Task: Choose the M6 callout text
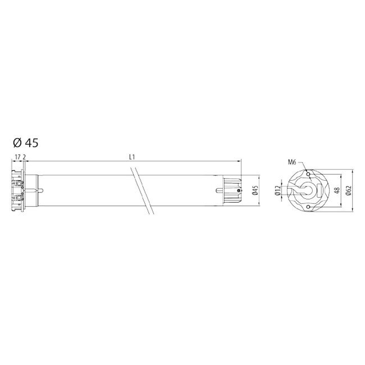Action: click(292, 162)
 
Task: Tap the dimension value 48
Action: click(336, 191)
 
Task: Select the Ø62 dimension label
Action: click(349, 191)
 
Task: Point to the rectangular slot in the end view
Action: click(321, 191)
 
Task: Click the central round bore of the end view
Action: click(307, 190)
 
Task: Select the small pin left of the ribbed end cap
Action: click(218, 191)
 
